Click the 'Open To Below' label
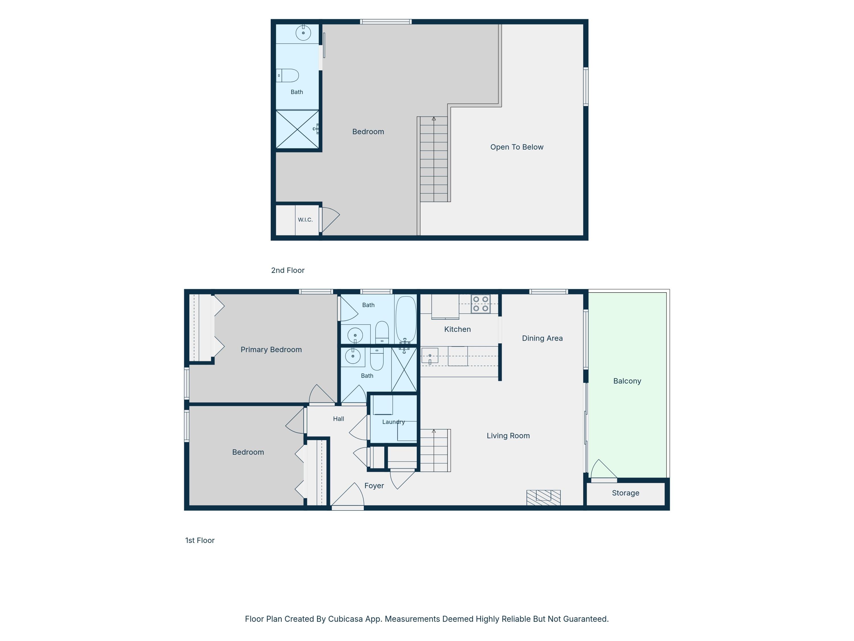(517, 147)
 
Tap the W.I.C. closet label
(305, 220)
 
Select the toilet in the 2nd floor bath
(288, 75)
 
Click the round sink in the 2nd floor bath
(303, 33)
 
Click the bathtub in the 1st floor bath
(406, 319)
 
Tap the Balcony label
(627, 381)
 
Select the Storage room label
(625, 493)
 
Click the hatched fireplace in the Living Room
(543, 498)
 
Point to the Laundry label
(393, 422)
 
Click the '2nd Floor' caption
(288, 270)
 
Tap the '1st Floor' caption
(200, 540)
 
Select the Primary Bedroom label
(271, 350)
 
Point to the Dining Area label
(542, 338)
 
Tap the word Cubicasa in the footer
(346, 619)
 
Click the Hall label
(338, 419)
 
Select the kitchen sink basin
(430, 356)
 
